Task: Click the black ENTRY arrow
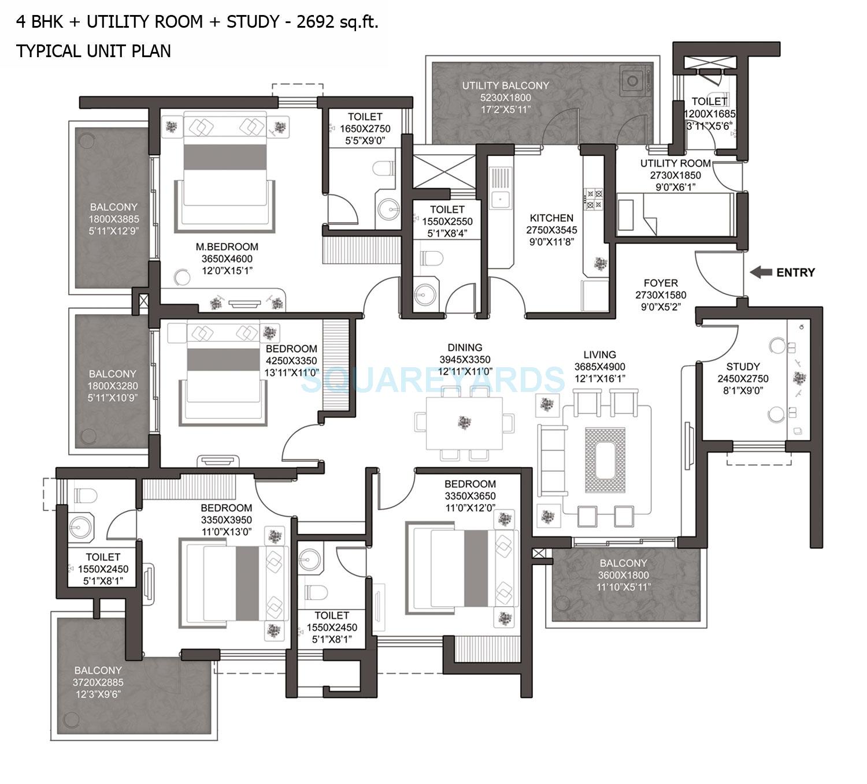point(761,272)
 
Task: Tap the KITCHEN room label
point(551,218)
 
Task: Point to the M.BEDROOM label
point(227,247)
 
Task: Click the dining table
point(464,423)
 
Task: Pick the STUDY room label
point(743,367)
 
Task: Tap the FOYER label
point(661,283)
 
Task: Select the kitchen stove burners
point(594,199)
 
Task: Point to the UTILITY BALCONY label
point(505,85)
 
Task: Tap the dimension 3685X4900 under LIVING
point(599,367)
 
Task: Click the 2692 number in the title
point(315,22)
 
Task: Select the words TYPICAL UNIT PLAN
point(94,51)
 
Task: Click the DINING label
point(465,348)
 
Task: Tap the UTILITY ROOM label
point(675,163)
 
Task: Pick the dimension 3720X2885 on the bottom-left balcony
point(98,682)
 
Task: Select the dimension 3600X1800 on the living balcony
point(623,575)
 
